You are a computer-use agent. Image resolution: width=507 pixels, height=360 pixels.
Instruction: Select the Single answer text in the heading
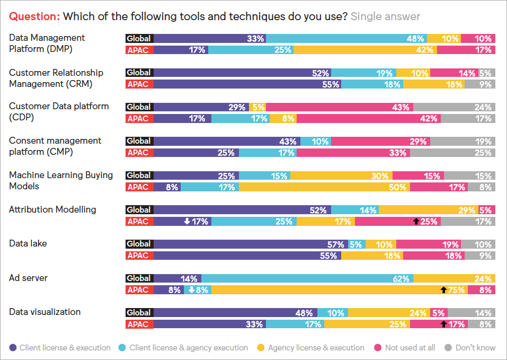pos(385,16)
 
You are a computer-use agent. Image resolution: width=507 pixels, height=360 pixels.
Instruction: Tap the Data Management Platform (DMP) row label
pos(47,43)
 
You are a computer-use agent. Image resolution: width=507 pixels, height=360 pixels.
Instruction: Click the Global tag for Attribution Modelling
pos(139,210)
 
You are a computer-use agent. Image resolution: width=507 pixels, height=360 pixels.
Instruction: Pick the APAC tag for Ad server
pos(139,290)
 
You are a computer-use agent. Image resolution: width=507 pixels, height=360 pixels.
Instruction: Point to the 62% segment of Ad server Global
pos(307,278)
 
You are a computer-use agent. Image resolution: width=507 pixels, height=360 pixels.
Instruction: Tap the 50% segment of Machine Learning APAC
pos(324,187)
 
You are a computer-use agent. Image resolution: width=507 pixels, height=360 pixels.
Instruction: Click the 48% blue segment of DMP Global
pos(346,38)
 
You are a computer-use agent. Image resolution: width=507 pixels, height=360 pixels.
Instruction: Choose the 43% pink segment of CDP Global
pos(352,107)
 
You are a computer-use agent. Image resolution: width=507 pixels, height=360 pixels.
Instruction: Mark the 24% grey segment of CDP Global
pos(468,107)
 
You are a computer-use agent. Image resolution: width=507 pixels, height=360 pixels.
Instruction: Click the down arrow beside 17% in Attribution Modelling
pos(187,222)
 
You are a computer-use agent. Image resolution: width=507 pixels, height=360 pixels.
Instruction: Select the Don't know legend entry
pos(470,348)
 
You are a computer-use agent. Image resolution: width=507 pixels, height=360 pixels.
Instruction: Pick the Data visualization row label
pos(45,312)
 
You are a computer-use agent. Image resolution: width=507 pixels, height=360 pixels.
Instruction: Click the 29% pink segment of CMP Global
pos(380,142)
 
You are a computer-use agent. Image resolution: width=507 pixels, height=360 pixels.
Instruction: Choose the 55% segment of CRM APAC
pos(247,84)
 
